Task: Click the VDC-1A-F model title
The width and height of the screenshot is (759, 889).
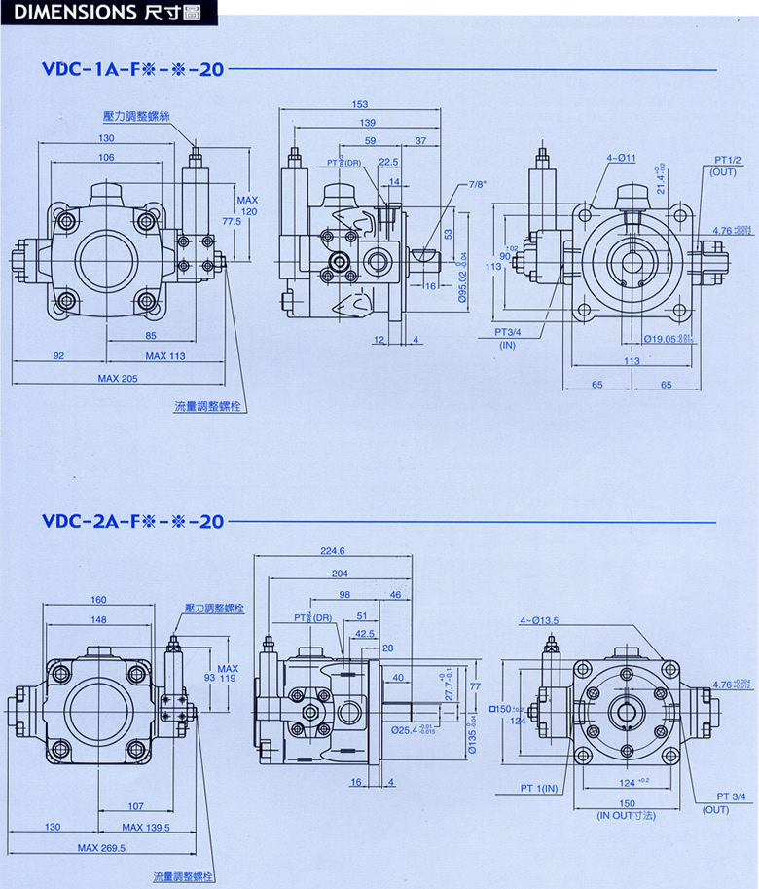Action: click(x=132, y=70)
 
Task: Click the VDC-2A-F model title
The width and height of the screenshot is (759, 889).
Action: click(x=132, y=521)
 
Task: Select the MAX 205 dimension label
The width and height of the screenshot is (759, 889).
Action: click(x=118, y=378)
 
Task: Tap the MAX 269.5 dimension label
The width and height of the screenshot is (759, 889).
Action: click(x=102, y=848)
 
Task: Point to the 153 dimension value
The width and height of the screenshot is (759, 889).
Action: click(x=359, y=105)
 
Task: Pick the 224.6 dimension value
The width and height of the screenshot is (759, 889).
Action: click(x=334, y=550)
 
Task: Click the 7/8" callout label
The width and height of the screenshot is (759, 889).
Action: click(x=477, y=183)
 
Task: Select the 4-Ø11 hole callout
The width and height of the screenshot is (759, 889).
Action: click(x=620, y=157)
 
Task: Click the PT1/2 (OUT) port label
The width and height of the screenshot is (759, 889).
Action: click(x=729, y=166)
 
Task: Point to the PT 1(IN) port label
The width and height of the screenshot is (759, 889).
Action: click(x=539, y=787)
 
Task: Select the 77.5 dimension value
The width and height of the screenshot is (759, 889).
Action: click(x=229, y=222)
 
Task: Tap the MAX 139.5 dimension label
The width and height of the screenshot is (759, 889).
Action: click(x=144, y=827)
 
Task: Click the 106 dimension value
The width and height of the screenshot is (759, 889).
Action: click(x=106, y=158)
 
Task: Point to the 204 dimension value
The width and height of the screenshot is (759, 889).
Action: click(x=340, y=574)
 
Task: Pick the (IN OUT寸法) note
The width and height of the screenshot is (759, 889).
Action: click(x=628, y=815)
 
